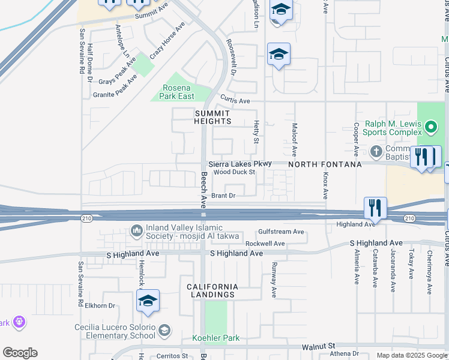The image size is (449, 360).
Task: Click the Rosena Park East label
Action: click(x=178, y=92)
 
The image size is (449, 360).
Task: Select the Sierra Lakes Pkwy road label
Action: click(x=240, y=163)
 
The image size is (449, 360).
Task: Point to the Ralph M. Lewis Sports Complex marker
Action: click(x=430, y=127)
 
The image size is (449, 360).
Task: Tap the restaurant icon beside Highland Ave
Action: click(x=375, y=208)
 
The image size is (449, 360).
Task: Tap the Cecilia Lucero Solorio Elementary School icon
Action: click(x=164, y=329)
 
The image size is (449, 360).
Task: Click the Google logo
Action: click(x=20, y=353)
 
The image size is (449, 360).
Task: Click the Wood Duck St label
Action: click(x=235, y=172)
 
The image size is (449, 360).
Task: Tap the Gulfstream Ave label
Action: click(x=281, y=232)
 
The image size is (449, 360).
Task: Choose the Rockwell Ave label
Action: click(x=265, y=244)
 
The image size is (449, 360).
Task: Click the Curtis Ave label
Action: click(x=235, y=101)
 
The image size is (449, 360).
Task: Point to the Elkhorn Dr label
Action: click(x=100, y=305)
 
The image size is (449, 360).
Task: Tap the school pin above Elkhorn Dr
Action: click(x=148, y=301)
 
